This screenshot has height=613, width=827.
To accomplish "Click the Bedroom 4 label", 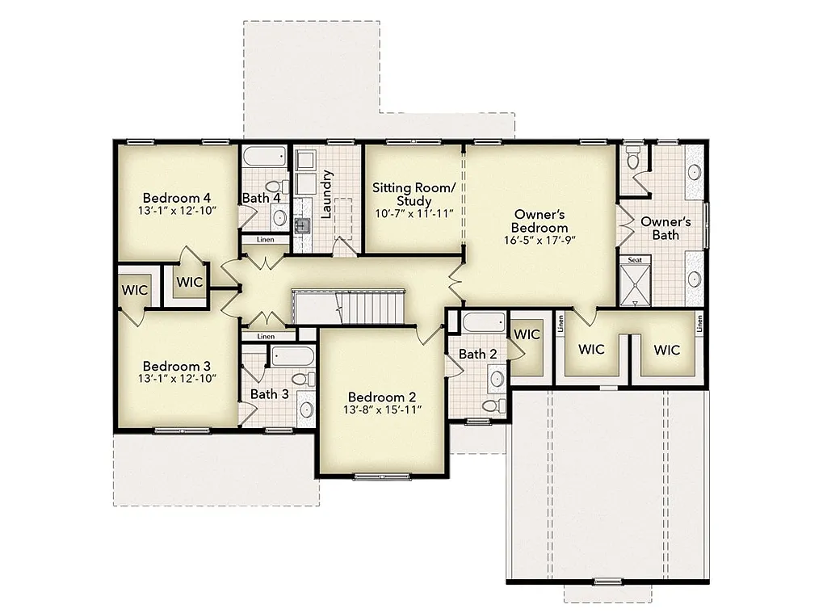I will click(x=177, y=197).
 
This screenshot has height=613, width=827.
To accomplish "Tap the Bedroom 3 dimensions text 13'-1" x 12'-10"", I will click(x=177, y=378).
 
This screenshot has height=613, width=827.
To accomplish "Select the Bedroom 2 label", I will click(x=382, y=397).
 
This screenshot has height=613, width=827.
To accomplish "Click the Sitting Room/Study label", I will click(x=413, y=194).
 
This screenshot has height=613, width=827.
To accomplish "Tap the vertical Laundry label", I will click(x=327, y=194).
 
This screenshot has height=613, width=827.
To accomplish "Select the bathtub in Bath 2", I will click(x=481, y=323).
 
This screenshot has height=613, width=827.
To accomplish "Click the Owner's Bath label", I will click(x=665, y=228).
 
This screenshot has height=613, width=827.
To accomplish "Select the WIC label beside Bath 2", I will click(x=527, y=334).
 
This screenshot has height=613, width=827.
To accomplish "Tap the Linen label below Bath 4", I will click(x=265, y=240).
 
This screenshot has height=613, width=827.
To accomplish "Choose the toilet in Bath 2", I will click(x=489, y=405).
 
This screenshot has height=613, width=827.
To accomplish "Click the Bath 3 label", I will click(x=269, y=394).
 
